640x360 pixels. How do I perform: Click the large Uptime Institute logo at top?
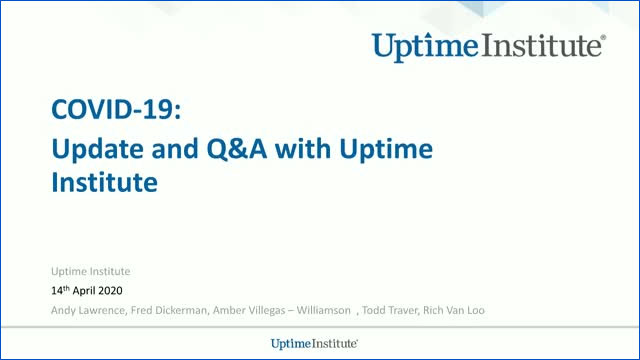[487, 45]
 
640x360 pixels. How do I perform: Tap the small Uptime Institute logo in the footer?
[314, 344]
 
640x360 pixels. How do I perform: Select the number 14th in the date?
[61, 291]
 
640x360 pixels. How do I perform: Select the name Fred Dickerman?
[171, 310]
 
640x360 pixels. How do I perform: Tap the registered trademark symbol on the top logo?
[601, 38]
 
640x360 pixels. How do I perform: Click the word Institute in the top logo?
[546, 45]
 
